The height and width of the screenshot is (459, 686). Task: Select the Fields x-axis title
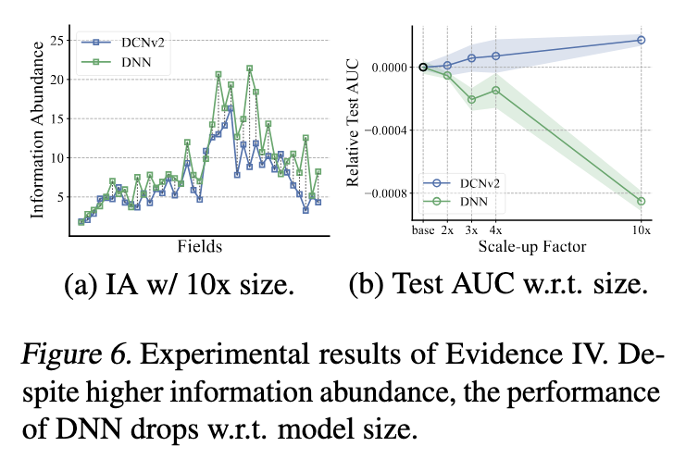198,246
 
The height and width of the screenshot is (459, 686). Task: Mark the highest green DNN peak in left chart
249,68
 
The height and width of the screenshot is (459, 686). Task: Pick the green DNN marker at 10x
641,201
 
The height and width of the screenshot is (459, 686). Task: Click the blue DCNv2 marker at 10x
641,40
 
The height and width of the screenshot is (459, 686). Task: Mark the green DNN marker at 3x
471,99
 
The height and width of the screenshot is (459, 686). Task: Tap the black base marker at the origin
423,67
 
